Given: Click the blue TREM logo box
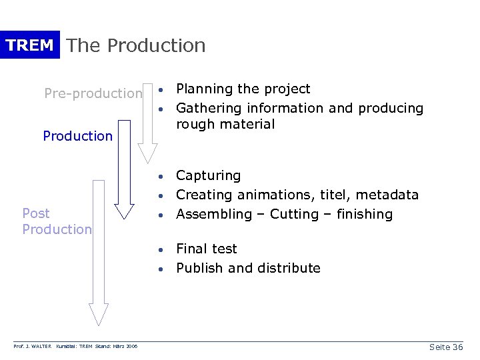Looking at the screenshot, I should pos(30,45).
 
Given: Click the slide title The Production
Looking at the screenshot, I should pos(137,45).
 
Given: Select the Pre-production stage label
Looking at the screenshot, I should pos(93,93).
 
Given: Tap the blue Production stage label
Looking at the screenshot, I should pos(78,136).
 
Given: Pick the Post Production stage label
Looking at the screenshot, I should pos(57,221).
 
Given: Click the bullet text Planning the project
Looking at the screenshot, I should pos(243,89).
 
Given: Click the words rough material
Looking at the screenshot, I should pos(225,124).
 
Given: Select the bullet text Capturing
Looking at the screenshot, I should pos(208,175).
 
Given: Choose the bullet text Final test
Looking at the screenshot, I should pos(206,249).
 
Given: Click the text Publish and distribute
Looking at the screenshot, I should pos(248,268).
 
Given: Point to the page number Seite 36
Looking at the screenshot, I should pos(446,347).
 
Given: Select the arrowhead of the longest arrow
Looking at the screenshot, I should pos(99,314).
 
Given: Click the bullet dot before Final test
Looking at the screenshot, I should pos(161,250).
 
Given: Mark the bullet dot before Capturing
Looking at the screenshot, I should pos(161,177).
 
